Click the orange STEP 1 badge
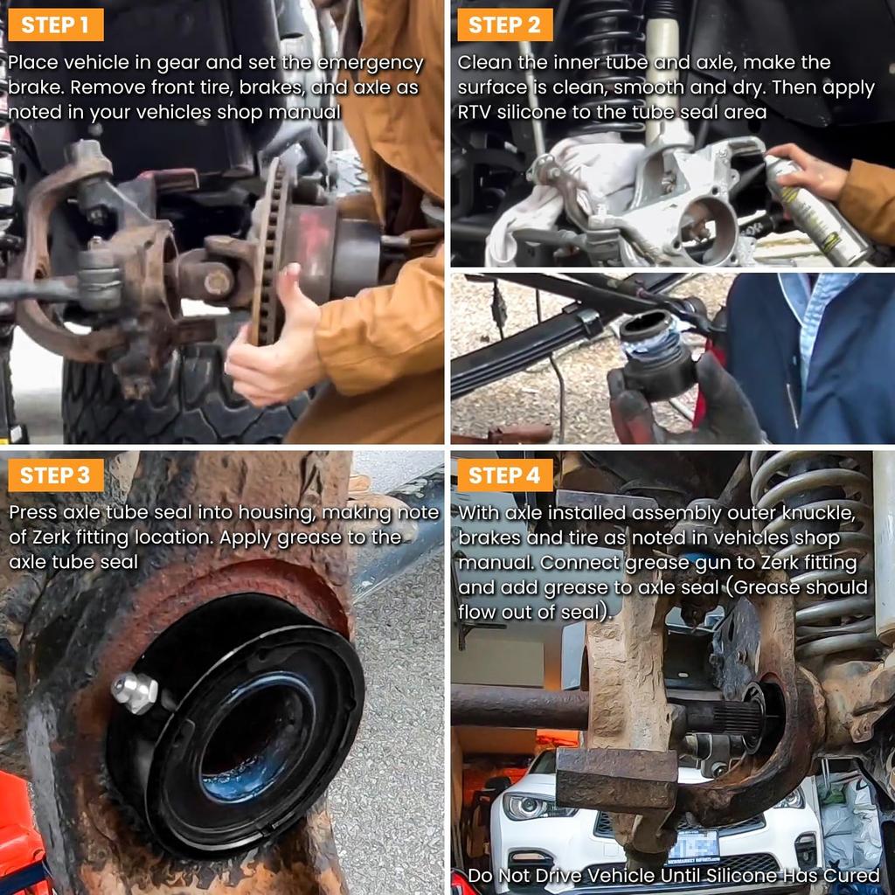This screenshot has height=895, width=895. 56,24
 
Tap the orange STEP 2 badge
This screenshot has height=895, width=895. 504,24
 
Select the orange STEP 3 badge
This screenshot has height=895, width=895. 56,475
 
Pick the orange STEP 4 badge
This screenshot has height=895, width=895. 504,475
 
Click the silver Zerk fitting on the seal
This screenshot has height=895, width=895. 135,692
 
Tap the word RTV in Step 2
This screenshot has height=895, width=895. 474,112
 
